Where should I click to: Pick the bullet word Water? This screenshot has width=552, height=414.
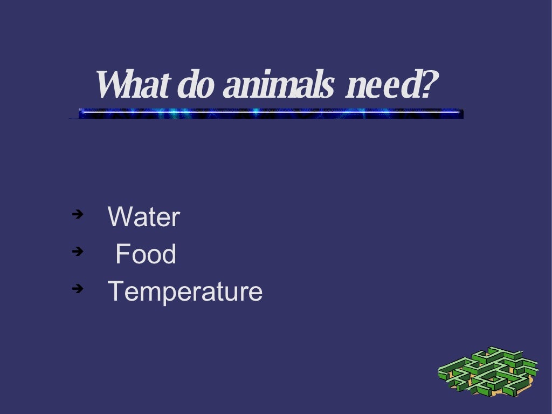click(143, 217)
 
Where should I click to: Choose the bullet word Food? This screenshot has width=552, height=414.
click(146, 254)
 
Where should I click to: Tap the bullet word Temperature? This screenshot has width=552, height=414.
click(185, 291)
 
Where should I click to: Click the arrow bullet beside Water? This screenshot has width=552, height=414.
click(78, 214)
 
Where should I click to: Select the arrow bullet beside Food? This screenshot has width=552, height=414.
click(78, 251)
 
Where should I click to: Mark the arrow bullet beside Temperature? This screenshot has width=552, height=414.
click(78, 288)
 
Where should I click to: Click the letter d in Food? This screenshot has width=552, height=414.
click(169, 254)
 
